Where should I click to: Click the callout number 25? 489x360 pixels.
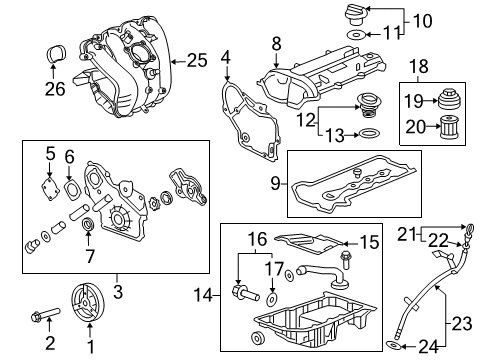click(197, 60)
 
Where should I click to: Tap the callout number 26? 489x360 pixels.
click(55, 89)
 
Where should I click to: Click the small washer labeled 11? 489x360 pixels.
click(355, 34)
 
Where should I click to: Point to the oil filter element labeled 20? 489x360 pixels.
click(448, 127)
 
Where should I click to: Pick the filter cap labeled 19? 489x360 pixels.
click(448, 100)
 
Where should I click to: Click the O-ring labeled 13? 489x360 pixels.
click(369, 134)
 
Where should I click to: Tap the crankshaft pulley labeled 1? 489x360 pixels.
click(88, 303)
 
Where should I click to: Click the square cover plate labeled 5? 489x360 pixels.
click(50, 190)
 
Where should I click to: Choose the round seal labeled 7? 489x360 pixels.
click(89, 224)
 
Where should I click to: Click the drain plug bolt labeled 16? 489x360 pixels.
click(245, 293)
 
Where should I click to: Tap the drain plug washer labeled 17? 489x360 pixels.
click(273, 299)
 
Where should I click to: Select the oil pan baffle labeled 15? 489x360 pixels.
click(308, 243)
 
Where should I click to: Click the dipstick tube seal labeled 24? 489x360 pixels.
click(393, 345)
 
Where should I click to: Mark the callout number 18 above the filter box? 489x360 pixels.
click(419, 66)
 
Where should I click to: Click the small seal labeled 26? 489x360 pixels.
click(55, 53)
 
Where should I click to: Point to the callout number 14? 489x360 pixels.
click(203, 295)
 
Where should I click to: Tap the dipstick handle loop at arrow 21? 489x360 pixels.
click(469, 230)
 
